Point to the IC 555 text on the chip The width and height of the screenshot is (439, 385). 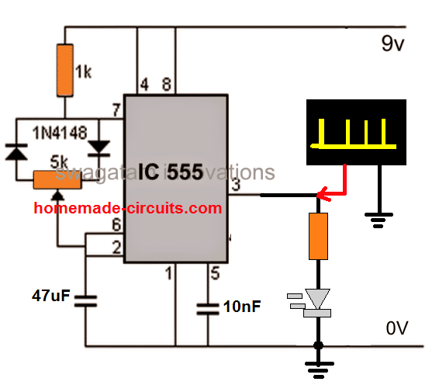[x=178, y=168]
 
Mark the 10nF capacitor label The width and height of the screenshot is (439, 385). [x=242, y=306]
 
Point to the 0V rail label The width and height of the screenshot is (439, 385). [x=396, y=328]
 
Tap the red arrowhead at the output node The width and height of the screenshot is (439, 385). [x=327, y=196]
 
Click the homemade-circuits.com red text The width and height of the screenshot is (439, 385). [x=127, y=208]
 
